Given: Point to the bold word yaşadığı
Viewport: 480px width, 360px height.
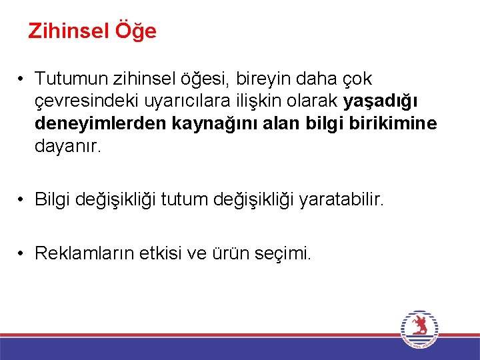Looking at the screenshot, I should [x=381, y=102].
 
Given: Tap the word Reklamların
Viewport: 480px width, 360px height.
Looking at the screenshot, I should [x=82, y=253].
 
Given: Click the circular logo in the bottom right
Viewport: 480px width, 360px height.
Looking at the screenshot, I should [x=419, y=329].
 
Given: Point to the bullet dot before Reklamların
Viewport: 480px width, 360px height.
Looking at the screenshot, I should [x=22, y=253].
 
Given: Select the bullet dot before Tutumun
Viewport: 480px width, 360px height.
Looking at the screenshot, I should [x=22, y=79].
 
